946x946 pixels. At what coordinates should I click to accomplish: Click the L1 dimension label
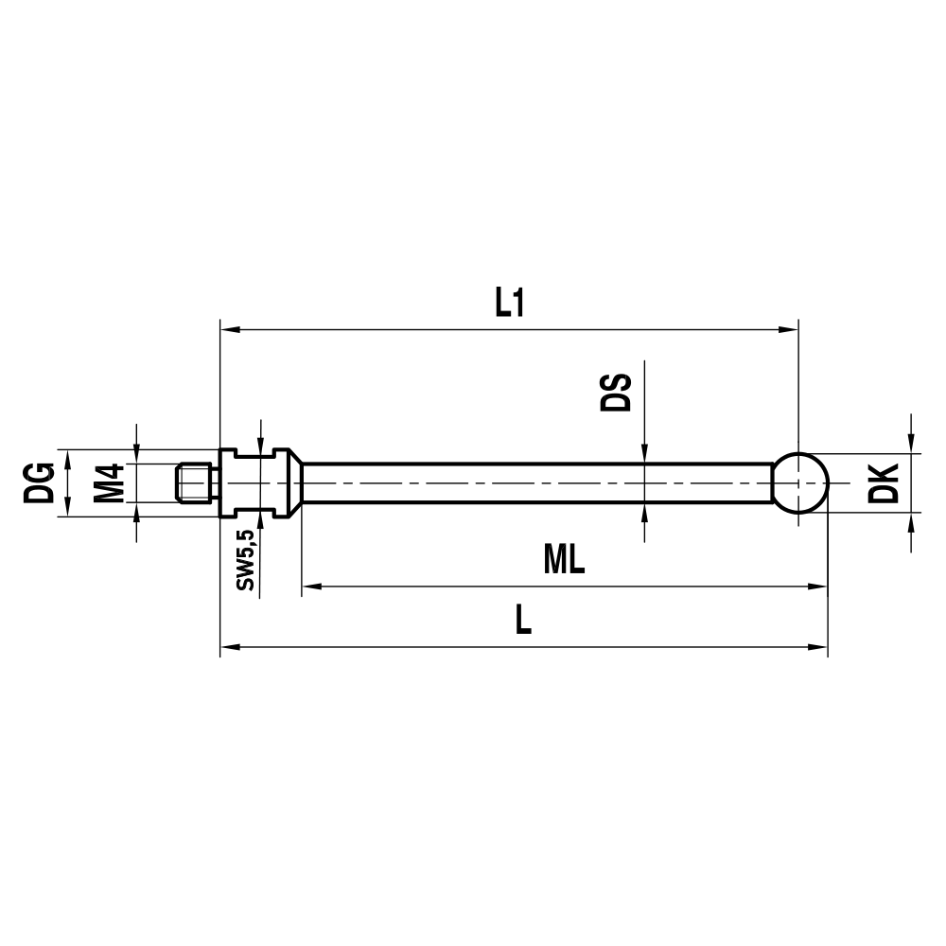coord(509,303)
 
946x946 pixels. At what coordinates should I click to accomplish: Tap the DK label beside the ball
coord(882,483)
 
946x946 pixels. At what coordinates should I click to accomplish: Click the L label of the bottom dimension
coord(522,621)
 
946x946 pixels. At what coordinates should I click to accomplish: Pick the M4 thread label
coord(111,482)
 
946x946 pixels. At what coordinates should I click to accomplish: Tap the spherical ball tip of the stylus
coord(802,482)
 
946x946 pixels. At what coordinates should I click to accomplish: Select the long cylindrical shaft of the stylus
coord(539,482)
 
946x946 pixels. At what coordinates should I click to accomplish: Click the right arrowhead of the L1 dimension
coord(790,330)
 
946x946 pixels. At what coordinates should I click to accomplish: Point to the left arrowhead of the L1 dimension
coord(229,330)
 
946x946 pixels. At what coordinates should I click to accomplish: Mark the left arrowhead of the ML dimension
coord(311,587)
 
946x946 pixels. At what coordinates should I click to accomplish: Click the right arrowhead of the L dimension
coord(818,648)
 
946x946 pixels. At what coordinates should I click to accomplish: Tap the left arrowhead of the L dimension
coord(229,648)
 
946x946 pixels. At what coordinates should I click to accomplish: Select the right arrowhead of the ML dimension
coord(818,587)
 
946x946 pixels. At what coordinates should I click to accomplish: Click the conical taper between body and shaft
coord(294,482)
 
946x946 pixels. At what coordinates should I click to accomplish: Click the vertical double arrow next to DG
coord(67,482)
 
